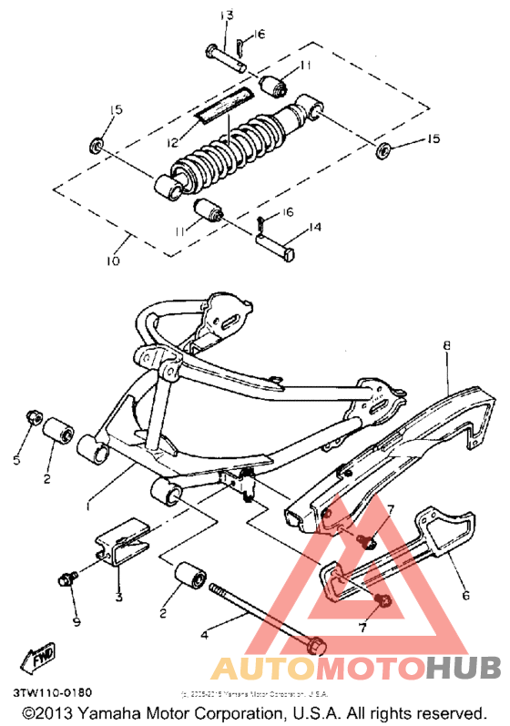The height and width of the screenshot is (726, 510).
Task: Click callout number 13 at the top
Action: [227, 15]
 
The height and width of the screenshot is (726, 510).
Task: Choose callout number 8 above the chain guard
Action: [446, 345]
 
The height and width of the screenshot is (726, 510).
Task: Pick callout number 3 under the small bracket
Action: [118, 598]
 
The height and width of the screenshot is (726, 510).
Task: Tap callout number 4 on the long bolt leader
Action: [204, 637]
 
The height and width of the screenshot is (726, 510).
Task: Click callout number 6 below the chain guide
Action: [466, 596]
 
